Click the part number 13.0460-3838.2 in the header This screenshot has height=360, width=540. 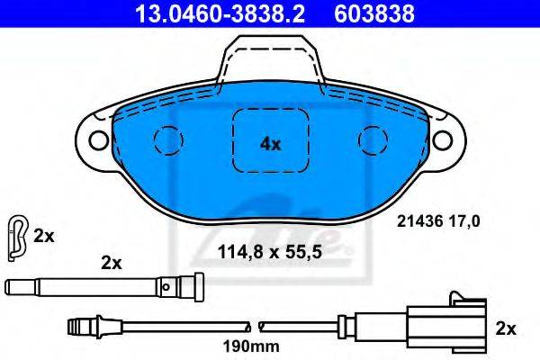[x=220, y=14]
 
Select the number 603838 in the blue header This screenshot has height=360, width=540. [x=374, y=14]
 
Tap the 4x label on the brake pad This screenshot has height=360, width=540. [x=270, y=144]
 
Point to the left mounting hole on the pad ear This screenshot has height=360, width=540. [x=99, y=140]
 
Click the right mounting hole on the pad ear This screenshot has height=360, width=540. [x=443, y=140]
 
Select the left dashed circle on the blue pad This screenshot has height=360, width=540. [x=168, y=140]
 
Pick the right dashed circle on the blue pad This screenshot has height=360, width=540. [x=373, y=140]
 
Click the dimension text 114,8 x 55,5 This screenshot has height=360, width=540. [x=270, y=253]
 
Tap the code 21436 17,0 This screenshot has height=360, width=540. [x=438, y=221]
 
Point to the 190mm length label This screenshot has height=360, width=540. [x=251, y=346]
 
